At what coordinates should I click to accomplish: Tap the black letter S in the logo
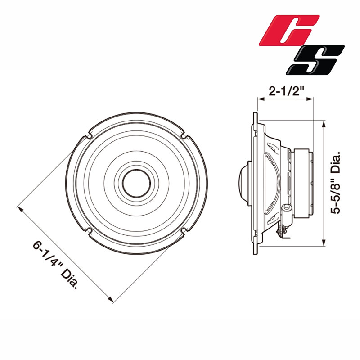[x=316, y=60]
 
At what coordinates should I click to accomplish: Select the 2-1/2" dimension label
[x=285, y=91]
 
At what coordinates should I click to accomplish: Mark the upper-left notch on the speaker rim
[x=89, y=135]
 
